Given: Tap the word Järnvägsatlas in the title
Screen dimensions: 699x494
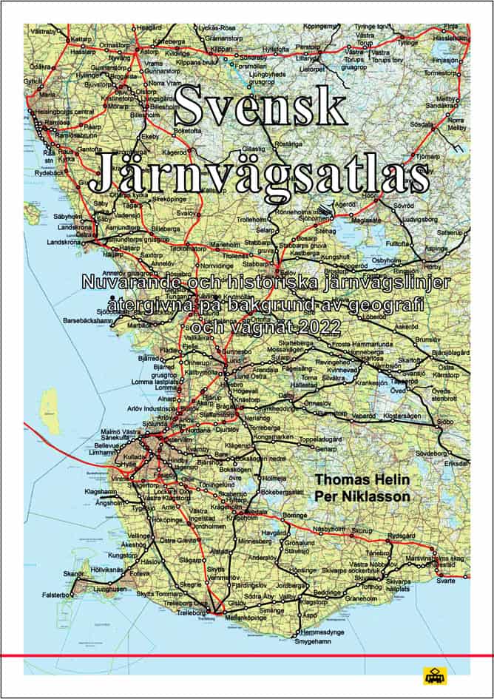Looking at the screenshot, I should tap(265, 172).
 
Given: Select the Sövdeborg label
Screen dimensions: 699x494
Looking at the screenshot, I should tap(432, 452).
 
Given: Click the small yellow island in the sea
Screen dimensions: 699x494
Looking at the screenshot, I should tap(50, 404).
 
